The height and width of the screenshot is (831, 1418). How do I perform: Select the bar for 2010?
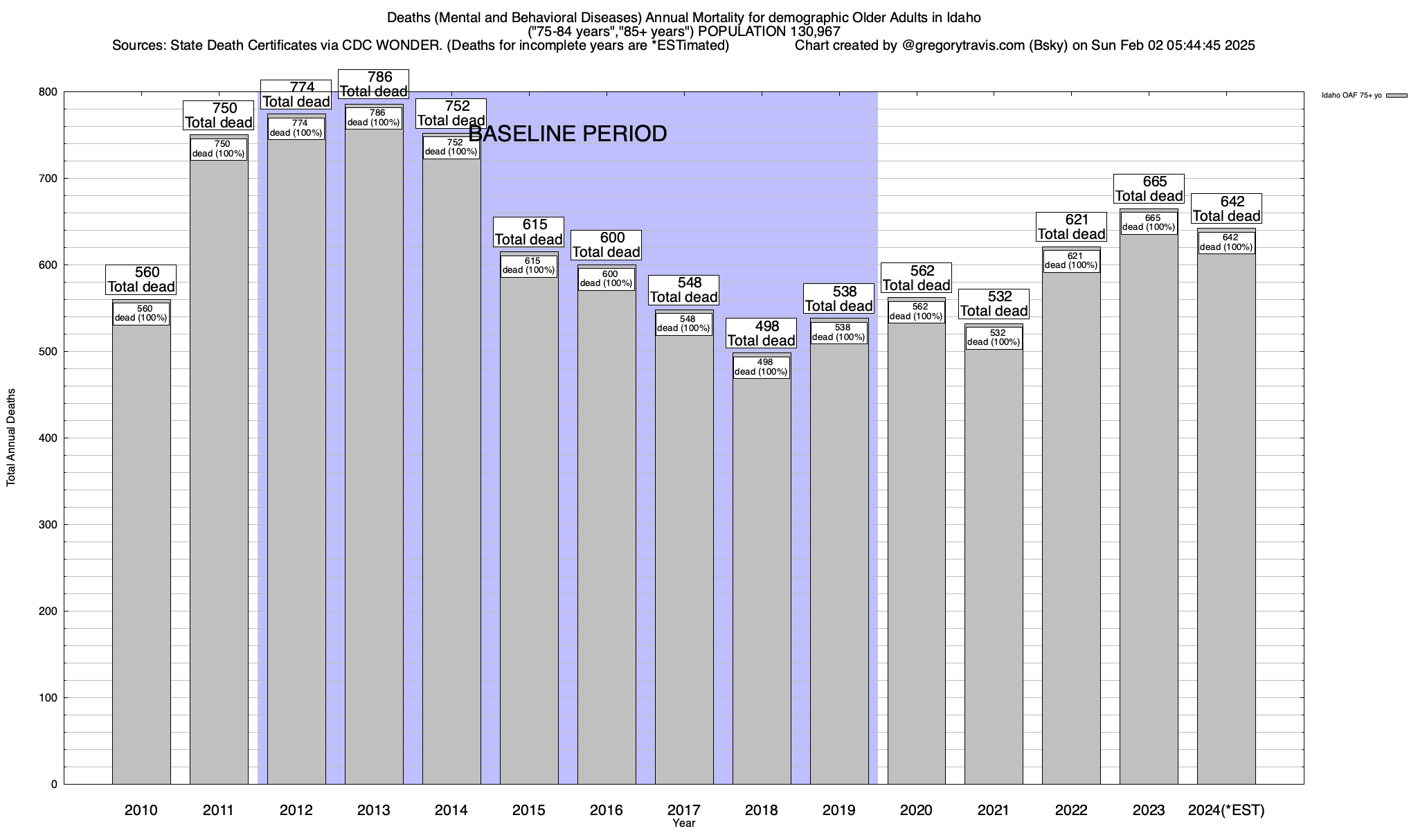pyautogui.click(x=141, y=554)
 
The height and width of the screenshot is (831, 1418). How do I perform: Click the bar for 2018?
pyautogui.click(x=762, y=582)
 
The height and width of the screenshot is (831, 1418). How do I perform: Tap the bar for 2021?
pyautogui.click(x=994, y=568)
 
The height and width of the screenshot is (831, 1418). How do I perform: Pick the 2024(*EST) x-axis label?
pyautogui.click(x=1226, y=810)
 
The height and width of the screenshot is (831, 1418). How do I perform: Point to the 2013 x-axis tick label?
pyautogui.click(x=374, y=810)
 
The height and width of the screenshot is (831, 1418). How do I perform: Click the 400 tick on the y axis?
pyautogui.click(x=48, y=438)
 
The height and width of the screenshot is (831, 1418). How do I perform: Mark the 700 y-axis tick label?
pyautogui.click(x=48, y=179)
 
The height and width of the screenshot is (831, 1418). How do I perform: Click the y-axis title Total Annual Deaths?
pyautogui.click(x=11, y=438)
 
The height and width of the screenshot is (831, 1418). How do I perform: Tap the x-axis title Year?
pyautogui.click(x=683, y=823)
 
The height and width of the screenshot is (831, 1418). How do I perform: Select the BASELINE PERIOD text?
pyautogui.click(x=568, y=134)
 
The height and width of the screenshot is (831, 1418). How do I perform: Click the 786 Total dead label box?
pyautogui.click(x=374, y=84)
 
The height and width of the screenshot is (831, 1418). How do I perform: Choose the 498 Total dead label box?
pyautogui.click(x=762, y=333)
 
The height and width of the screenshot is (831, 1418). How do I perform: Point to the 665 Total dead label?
pyautogui.click(x=1149, y=188)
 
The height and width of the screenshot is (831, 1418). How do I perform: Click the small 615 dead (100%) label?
pyautogui.click(x=529, y=266)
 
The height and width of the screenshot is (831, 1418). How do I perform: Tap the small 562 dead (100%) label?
pyautogui.click(x=916, y=312)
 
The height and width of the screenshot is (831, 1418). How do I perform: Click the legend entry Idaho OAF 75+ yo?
pyautogui.click(x=1351, y=96)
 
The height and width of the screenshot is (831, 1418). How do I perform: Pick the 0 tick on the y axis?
pyautogui.click(x=54, y=785)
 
